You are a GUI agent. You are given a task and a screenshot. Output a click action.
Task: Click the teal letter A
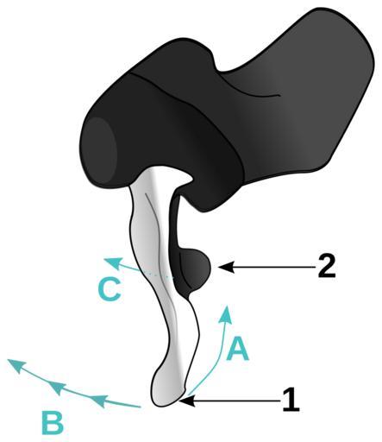click(237, 349)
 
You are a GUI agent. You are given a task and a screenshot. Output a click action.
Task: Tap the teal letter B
click(53, 423)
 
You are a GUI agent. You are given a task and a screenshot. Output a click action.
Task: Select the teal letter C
click(110, 289)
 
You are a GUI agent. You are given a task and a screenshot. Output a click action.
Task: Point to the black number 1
click(291, 400)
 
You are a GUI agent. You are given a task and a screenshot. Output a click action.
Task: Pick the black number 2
click(326, 267)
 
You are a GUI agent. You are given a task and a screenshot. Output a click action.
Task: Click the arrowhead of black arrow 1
click(187, 401)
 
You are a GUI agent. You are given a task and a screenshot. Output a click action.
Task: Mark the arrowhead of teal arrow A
click(226, 314)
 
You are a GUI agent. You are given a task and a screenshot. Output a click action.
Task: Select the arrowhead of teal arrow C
click(113, 263)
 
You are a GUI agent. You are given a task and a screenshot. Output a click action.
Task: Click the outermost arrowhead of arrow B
click(16, 365)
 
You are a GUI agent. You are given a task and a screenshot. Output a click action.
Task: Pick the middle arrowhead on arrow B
click(58, 388)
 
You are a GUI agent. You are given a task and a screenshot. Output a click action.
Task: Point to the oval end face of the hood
click(100, 150)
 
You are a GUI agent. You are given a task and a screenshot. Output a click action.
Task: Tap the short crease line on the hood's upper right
click(259, 91)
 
